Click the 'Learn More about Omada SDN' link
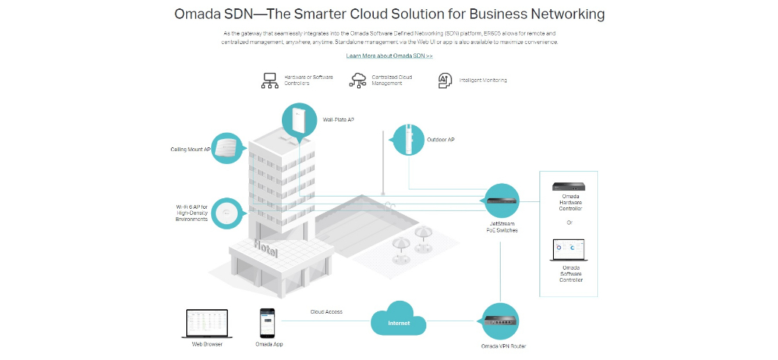390,56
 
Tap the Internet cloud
398,322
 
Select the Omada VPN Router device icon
501,321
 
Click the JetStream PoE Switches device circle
501,201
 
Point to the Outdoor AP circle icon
410,140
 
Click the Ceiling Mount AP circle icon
229,147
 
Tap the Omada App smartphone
267,324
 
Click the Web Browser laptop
207,324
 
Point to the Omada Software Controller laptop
569,251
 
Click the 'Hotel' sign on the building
266,248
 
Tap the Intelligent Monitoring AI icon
445,81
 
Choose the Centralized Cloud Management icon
358,81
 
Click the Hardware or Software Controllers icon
270,81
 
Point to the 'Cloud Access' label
326,312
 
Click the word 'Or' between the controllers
570,223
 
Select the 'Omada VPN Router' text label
503,346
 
